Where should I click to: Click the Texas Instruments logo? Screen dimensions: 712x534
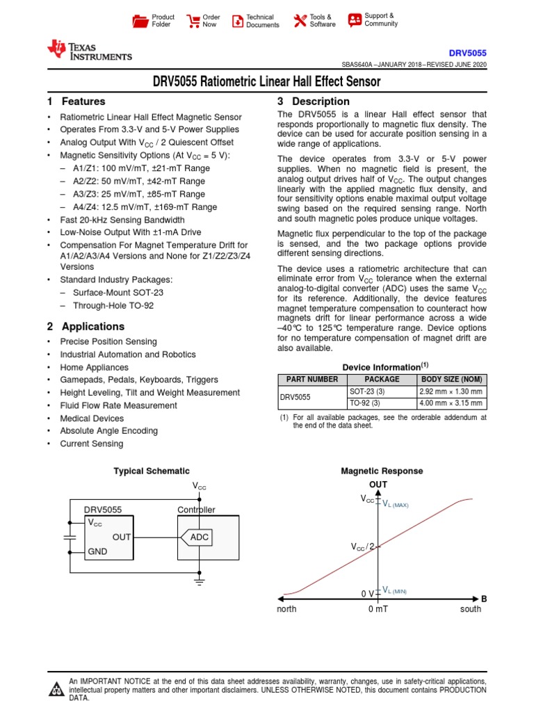coord(89,49)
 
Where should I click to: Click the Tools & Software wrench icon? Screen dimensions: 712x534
coord(300,21)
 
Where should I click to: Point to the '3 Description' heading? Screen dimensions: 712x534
coord(314,102)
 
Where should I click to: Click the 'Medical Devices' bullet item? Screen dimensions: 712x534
coord(92,418)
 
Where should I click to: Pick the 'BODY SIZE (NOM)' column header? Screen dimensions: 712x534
coord(451,380)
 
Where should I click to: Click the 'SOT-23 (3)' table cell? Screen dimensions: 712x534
coord(365,391)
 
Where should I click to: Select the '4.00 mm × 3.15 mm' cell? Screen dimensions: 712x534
coord(451,403)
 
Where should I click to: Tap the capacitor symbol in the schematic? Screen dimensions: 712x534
coord(69,537)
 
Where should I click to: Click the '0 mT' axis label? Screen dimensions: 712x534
coord(378,609)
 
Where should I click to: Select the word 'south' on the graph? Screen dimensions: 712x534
coord(471,609)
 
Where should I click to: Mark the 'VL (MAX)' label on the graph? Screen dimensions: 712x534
coord(396,505)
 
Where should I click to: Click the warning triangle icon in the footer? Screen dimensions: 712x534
coord(56,690)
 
